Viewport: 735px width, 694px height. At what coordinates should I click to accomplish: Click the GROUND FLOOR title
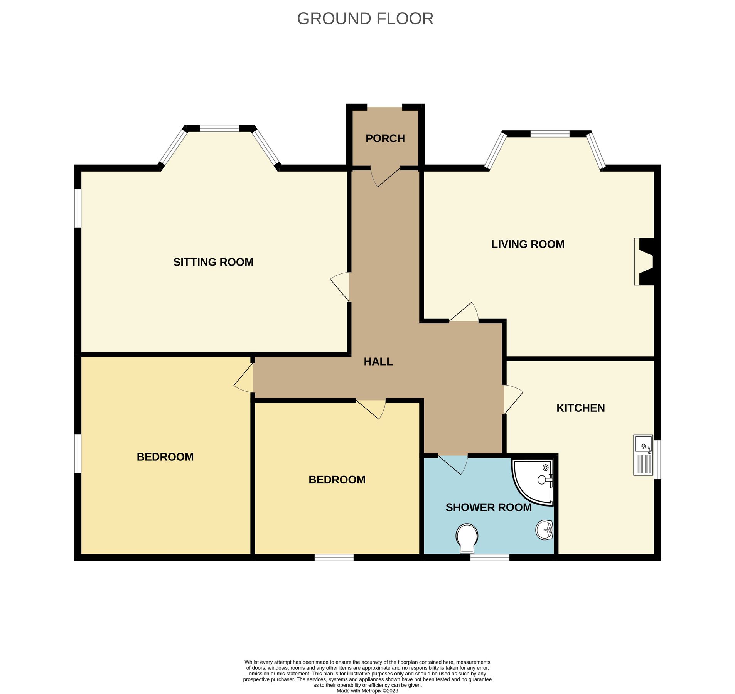pos(365,19)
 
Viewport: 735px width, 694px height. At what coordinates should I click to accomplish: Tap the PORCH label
pos(385,138)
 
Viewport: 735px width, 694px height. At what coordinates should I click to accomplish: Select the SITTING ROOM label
pos(213,262)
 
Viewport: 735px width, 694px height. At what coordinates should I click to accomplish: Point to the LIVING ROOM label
pos(527,244)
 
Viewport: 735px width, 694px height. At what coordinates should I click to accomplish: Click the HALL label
pos(378,362)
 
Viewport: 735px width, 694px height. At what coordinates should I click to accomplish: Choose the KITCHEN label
pos(580,408)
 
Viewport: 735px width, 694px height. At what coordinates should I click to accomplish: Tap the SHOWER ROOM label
pos(488,507)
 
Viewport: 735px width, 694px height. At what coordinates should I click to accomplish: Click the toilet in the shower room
pos(467,537)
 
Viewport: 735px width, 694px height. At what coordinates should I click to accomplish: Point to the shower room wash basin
pos(544,530)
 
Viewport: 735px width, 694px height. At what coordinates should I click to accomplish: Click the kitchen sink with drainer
pos(643,455)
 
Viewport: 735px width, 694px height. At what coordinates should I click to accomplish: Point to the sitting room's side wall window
pos(78,208)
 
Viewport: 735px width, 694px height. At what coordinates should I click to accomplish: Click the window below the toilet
pos(489,558)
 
